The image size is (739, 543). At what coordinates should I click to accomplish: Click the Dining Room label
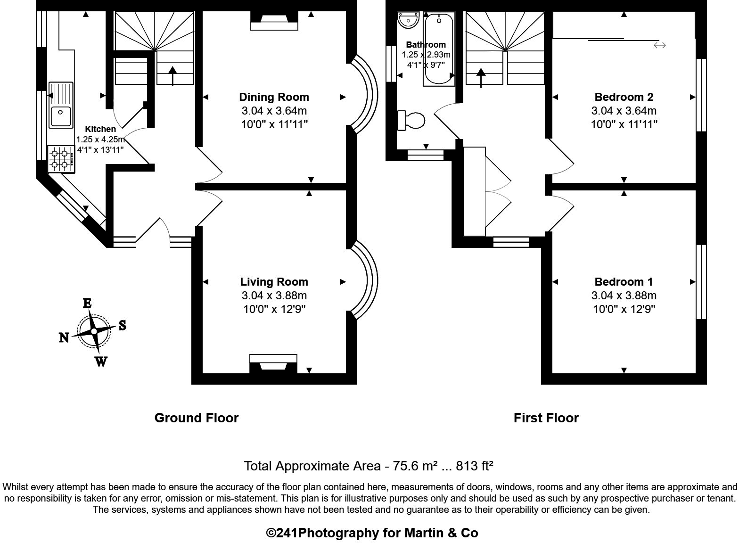pyautogui.click(x=274, y=97)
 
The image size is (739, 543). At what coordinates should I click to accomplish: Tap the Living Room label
pyautogui.click(x=274, y=282)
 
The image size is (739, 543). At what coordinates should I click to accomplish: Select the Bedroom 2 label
pyautogui.click(x=624, y=97)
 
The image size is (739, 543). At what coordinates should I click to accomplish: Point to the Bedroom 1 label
pyautogui.click(x=624, y=282)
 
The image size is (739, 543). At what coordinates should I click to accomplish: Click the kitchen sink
pyautogui.click(x=61, y=105)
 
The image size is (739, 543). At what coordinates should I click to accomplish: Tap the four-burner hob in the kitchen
pyautogui.click(x=61, y=159)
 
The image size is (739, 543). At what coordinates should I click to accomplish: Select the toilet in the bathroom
pyautogui.click(x=411, y=120)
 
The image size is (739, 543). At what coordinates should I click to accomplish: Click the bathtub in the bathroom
pyautogui.click(x=439, y=49)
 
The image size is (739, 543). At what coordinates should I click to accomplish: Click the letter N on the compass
pyautogui.click(x=64, y=337)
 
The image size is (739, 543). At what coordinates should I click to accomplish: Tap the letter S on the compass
pyautogui.click(x=122, y=325)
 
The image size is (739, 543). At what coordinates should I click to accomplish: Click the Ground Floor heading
pyautogui.click(x=197, y=418)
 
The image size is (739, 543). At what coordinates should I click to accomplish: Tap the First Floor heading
pyautogui.click(x=546, y=418)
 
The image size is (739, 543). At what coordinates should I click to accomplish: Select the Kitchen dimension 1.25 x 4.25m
pyautogui.click(x=100, y=140)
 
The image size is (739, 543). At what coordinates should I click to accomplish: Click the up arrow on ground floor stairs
pyautogui.click(x=172, y=75)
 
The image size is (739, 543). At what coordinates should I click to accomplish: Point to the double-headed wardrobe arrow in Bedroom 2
pyautogui.click(x=659, y=45)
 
